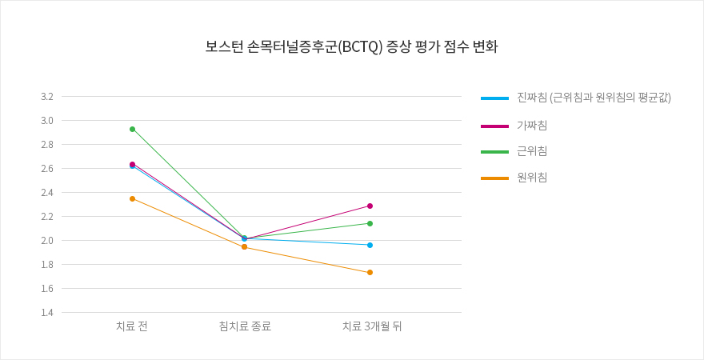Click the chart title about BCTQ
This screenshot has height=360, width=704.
[x=351, y=46]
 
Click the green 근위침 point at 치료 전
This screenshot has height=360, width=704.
[x=132, y=129]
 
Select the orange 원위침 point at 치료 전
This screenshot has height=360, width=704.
[x=132, y=198]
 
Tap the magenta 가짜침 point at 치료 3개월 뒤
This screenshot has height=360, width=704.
[x=370, y=206]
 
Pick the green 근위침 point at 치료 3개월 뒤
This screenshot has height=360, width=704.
[x=370, y=223]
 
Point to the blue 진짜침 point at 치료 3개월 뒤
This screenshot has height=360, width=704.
[x=370, y=245]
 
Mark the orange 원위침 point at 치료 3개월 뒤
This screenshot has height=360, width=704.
[x=370, y=272]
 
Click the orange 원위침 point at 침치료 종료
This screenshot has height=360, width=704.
[x=244, y=246]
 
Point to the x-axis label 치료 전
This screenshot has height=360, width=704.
[x=132, y=326]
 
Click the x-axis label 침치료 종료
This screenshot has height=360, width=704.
[x=245, y=326]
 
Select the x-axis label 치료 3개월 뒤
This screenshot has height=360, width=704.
[x=372, y=326]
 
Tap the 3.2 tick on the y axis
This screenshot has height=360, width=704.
[x=46, y=97]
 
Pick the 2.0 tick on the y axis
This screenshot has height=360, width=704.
[x=46, y=241]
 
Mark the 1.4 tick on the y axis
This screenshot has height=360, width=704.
[x=46, y=313]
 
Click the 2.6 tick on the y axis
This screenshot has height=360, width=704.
[x=46, y=169]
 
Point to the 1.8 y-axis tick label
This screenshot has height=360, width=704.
[x=46, y=265]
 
